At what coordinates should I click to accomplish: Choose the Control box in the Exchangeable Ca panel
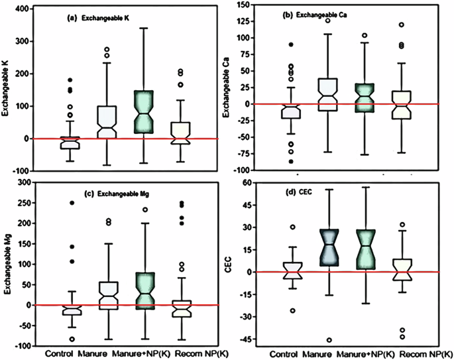click(x=289, y=111)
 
